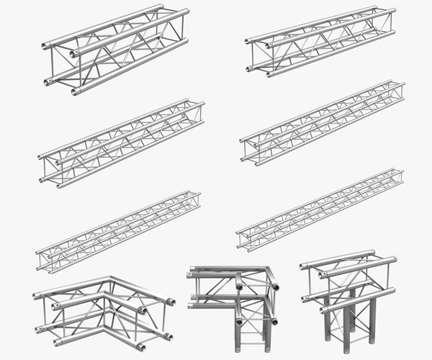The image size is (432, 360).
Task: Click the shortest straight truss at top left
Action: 115,50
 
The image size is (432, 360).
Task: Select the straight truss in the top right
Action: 320,42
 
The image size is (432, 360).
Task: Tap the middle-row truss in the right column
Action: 322,122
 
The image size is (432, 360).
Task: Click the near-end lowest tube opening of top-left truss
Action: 74,91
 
